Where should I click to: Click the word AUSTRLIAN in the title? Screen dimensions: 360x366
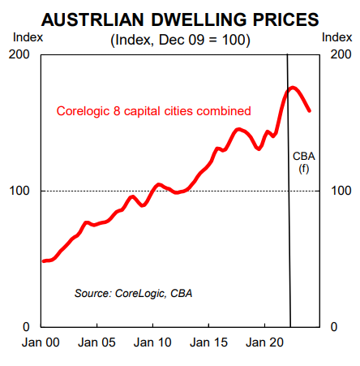tap(92, 19)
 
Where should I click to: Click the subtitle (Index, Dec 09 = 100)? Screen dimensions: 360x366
tap(180, 40)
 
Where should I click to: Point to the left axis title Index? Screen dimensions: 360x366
tap(28, 37)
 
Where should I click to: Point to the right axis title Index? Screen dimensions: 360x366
tap(336, 37)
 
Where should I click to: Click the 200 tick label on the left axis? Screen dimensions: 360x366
tap(19, 54)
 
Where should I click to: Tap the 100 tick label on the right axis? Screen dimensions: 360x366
tap(341, 191)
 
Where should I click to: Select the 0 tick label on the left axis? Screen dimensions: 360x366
tap(26, 327)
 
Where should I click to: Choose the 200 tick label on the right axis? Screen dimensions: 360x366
tap(341, 54)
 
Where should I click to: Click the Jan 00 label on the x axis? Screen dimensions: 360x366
tap(41, 342)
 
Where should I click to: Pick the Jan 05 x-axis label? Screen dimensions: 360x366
tap(96, 342)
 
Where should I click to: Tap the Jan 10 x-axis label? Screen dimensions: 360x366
tap(152, 342)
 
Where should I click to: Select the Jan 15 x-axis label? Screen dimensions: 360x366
tap(208, 342)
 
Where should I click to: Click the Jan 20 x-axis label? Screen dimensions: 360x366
tap(264, 342)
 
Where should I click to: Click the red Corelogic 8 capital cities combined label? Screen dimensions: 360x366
tap(153, 111)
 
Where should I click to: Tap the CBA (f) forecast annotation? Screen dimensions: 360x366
tap(304, 162)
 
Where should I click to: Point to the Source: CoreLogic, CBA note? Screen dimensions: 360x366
tap(133, 294)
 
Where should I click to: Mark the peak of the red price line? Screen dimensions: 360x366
tap(293, 88)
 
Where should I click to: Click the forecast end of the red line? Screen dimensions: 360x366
tap(309, 110)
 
